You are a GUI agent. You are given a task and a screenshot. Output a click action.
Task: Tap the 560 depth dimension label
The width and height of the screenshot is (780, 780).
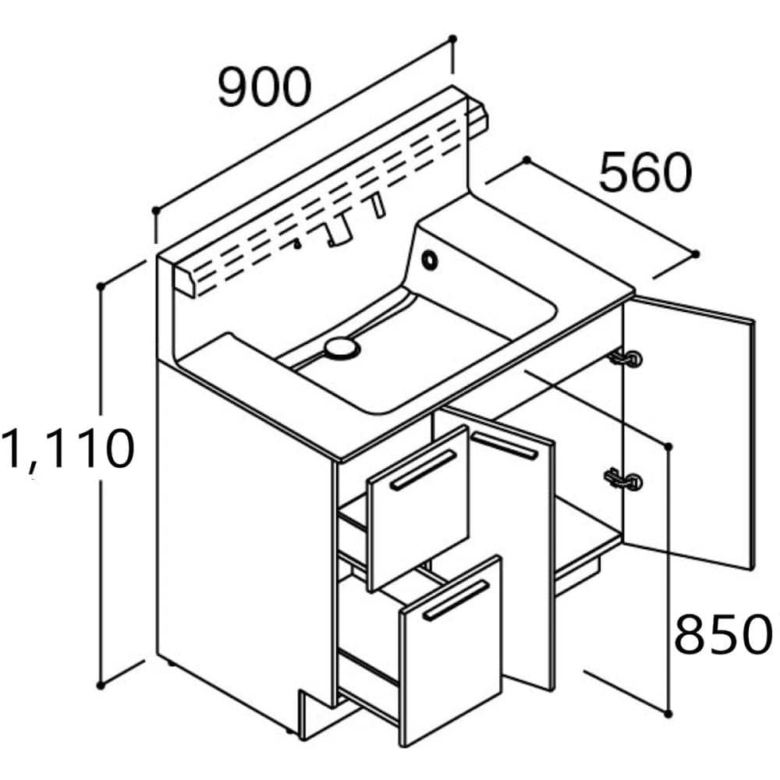click(645, 173)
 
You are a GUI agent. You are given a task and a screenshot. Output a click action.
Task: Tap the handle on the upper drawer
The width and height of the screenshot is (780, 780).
click(424, 470)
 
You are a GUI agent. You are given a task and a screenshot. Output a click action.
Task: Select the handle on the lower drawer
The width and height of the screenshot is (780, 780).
click(456, 600)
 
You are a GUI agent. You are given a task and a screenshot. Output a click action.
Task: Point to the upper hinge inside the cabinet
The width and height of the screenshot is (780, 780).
click(626, 358)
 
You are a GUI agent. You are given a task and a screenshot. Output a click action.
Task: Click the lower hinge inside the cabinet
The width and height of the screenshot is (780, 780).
click(626, 478)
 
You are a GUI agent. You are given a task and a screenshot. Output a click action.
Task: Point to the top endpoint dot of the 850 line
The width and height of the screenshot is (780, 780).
click(668, 445)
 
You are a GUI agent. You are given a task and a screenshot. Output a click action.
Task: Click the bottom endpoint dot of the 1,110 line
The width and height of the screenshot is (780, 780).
click(101, 685)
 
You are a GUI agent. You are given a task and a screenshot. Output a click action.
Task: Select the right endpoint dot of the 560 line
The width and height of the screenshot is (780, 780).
click(696, 253)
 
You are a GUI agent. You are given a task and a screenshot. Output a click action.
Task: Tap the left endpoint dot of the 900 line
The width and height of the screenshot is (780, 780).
click(156, 210)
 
